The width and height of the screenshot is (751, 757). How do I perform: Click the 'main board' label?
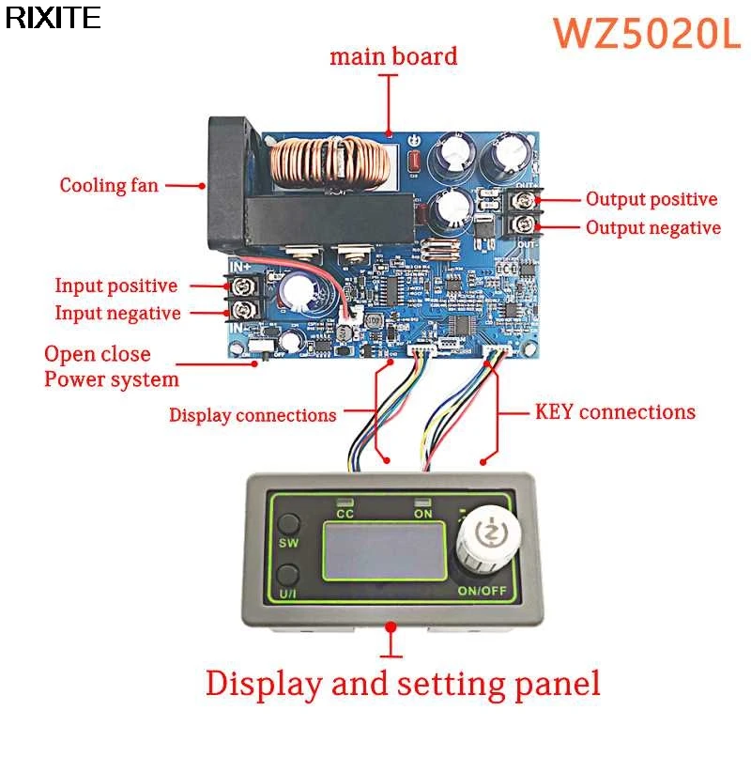(x=393, y=56)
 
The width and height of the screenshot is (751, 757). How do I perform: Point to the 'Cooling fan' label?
(x=110, y=185)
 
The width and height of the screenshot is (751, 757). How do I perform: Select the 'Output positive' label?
(x=651, y=199)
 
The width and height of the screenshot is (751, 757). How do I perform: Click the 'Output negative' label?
(x=653, y=228)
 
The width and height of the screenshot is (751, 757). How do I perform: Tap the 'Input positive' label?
(x=115, y=286)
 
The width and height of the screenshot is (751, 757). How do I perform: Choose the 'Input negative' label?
(x=117, y=314)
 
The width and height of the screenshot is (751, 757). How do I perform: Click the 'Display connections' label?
(x=253, y=414)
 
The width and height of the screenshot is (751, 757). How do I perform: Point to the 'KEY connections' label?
(x=615, y=411)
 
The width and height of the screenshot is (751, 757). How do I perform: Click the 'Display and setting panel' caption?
(x=403, y=683)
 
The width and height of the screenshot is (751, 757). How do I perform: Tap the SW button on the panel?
(x=288, y=527)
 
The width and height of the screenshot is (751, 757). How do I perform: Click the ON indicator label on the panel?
(x=423, y=514)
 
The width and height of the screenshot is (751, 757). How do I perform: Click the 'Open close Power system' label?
(x=111, y=367)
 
